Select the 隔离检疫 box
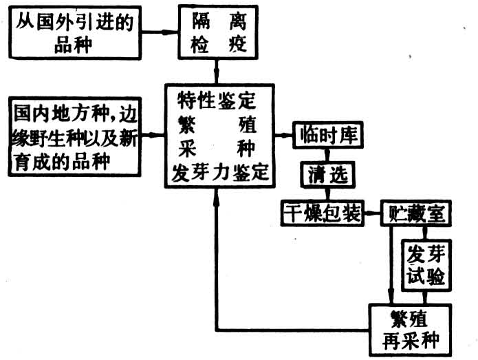click(217, 32)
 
